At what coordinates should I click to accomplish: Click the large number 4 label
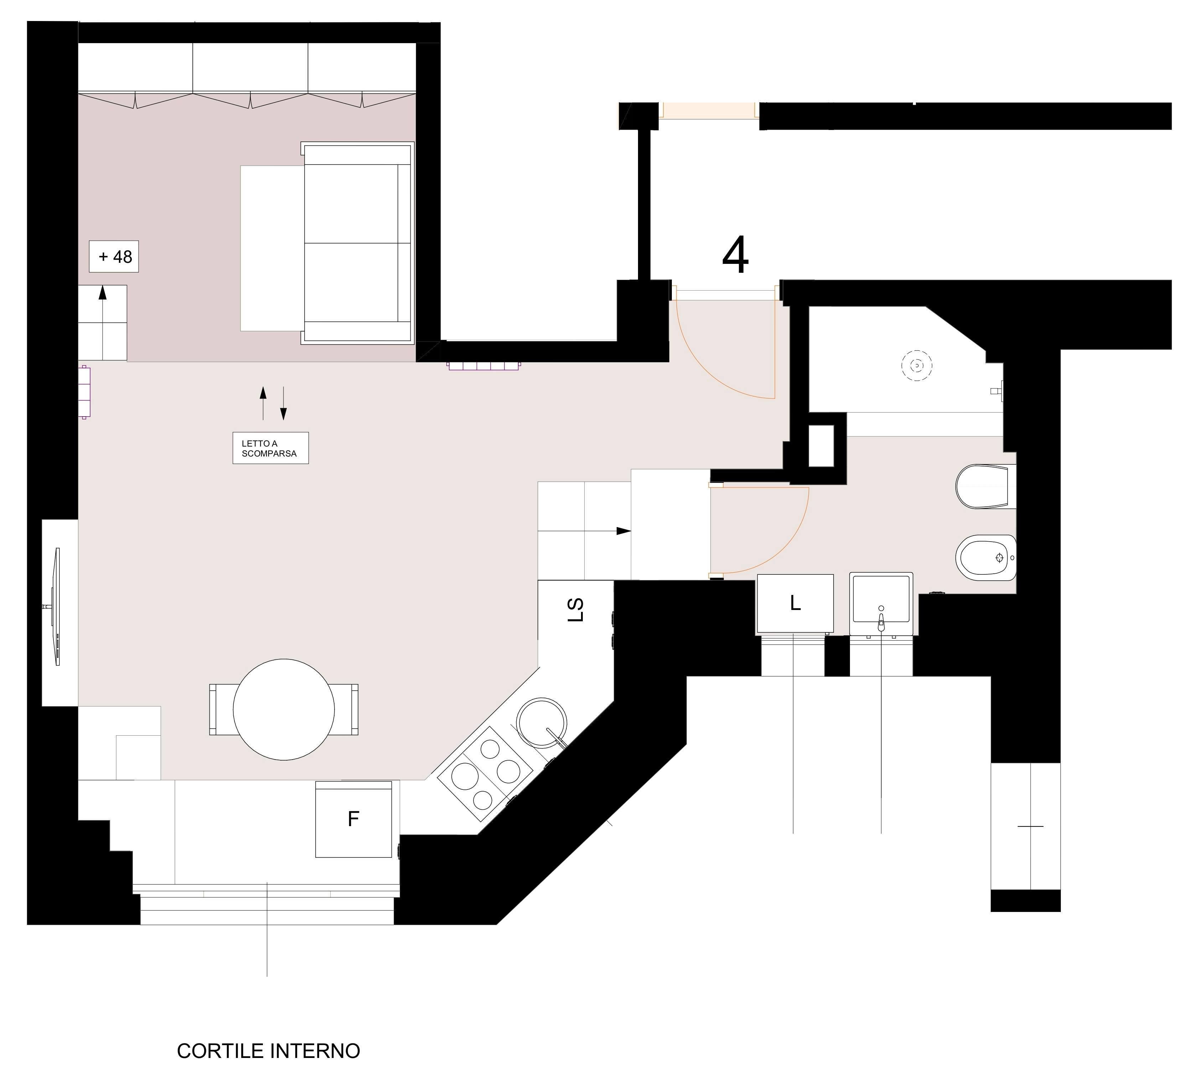click(x=735, y=255)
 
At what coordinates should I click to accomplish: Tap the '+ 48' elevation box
click(x=114, y=256)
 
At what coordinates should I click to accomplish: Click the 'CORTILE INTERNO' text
click(x=268, y=1051)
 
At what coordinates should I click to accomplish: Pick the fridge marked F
click(x=354, y=819)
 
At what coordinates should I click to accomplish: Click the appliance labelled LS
click(x=576, y=610)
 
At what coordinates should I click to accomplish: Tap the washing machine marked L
click(x=795, y=604)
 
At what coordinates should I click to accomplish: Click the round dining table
click(x=284, y=710)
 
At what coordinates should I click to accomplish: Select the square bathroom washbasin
click(x=881, y=604)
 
